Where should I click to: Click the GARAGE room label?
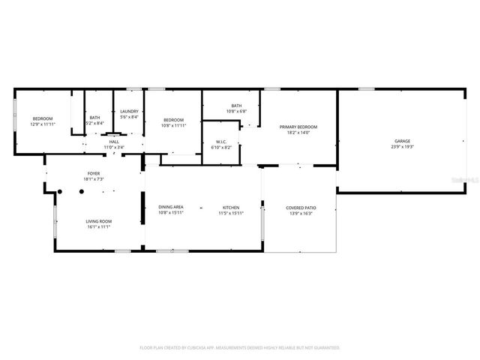click(403, 141)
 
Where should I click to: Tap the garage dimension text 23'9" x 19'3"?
click(403, 147)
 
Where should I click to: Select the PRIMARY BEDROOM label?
click(298, 127)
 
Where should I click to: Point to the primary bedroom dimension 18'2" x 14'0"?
click(298, 133)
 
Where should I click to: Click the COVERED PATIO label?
click(300, 207)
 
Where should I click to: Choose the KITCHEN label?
click(230, 207)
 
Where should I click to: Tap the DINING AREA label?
click(170, 207)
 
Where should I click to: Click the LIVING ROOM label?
click(97, 221)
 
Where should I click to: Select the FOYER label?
click(94, 174)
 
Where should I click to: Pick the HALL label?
click(114, 141)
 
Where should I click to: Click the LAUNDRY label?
click(129, 112)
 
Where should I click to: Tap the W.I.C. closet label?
click(221, 141)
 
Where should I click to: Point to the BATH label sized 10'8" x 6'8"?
click(236, 106)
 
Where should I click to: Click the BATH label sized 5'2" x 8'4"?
click(94, 117)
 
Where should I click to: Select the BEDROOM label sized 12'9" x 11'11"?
click(43, 119)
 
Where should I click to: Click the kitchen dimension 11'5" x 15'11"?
click(230, 213)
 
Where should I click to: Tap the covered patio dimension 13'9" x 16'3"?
click(300, 213)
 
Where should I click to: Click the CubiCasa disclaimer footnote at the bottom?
click(240, 348)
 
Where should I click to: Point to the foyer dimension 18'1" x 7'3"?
click(94, 180)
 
